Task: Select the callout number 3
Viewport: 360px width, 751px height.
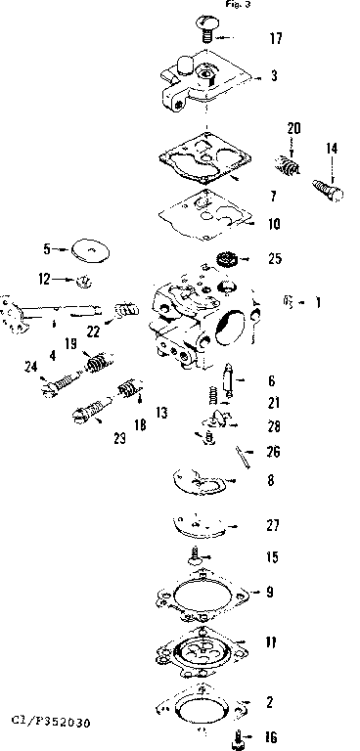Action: click(x=274, y=75)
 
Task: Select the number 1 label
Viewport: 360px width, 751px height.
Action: click(x=317, y=302)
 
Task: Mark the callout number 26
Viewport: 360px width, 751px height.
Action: click(x=274, y=451)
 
